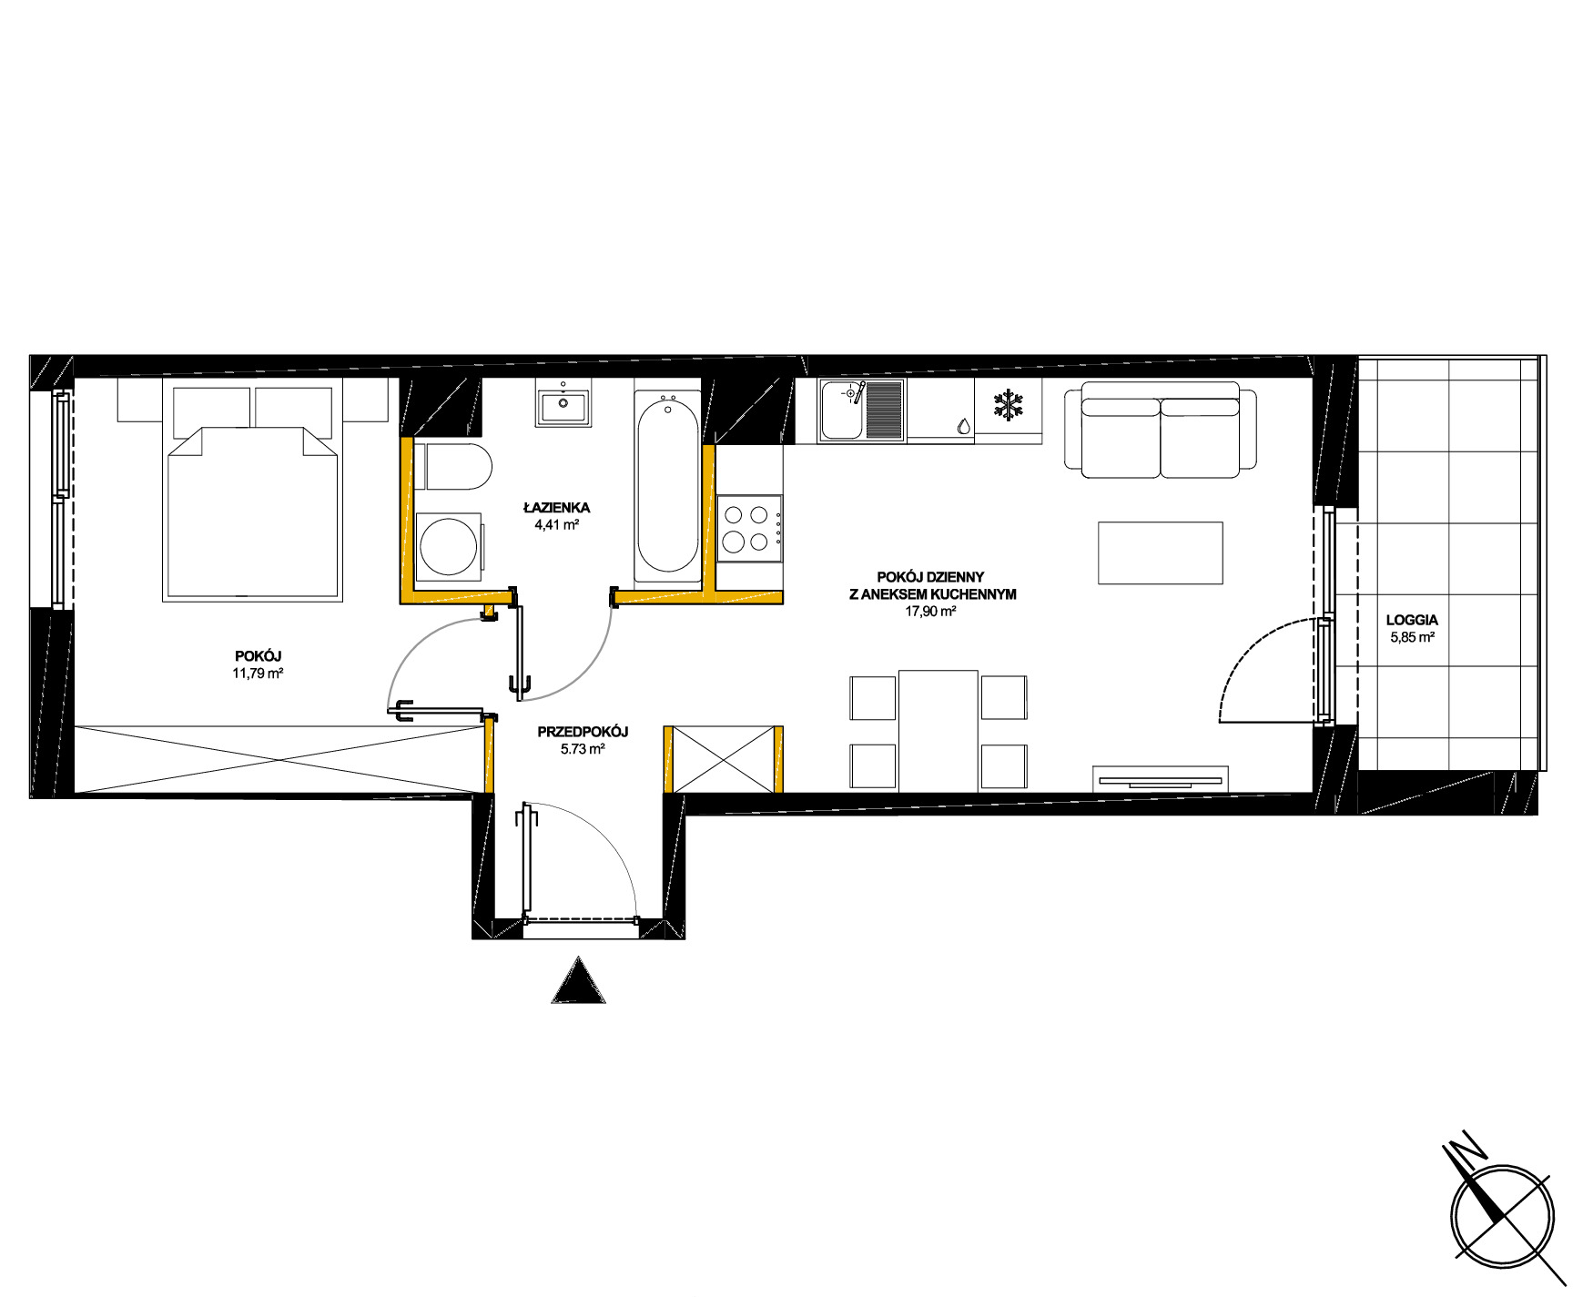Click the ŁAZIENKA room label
[x=556, y=507]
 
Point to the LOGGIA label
[x=1412, y=620]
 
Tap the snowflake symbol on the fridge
[x=1008, y=405]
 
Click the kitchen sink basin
[x=843, y=410]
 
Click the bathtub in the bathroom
[x=668, y=486]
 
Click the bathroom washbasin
[x=564, y=406]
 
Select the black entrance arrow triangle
[x=578, y=981]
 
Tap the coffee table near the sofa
[x=1161, y=552]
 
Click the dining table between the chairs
[x=939, y=731]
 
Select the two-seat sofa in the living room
[x=1161, y=428]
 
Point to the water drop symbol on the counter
[x=963, y=426]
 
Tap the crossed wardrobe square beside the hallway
[x=724, y=759]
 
